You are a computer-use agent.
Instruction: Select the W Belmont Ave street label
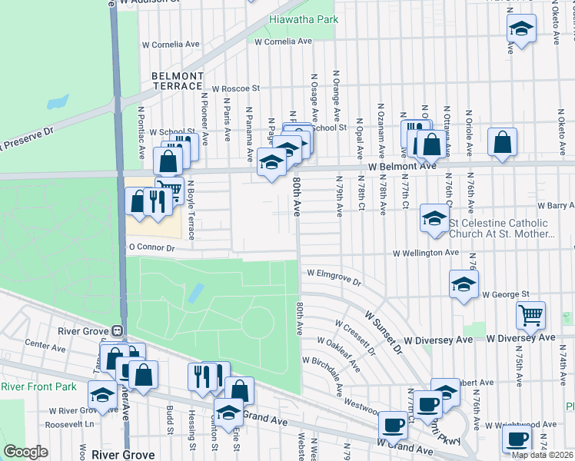tap(402, 166)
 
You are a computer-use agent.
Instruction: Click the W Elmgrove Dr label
tap(334, 274)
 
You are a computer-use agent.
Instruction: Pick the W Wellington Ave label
tap(425, 252)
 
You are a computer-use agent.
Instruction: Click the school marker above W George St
tap(464, 284)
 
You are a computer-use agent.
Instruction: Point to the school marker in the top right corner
tap(522, 29)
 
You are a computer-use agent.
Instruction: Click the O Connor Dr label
tap(151, 248)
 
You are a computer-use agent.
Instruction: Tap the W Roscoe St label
tap(237, 89)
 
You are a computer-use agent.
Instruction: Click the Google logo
tap(26, 452)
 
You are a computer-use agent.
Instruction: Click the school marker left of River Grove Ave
tap(102, 395)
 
